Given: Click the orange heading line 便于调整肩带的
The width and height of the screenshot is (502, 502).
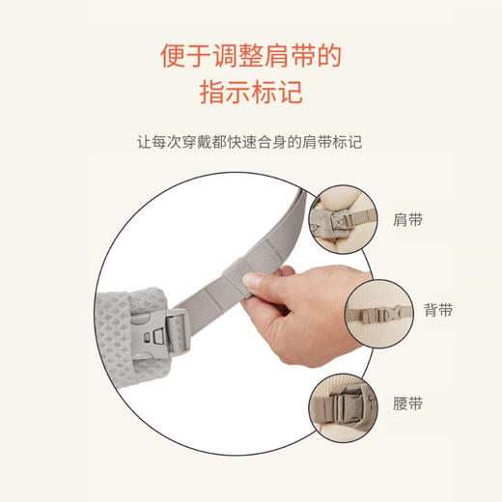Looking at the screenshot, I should point(250,56).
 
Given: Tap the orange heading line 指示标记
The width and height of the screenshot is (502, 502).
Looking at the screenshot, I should point(250,94).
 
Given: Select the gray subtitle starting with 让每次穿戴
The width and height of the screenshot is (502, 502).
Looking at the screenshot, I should point(250,142).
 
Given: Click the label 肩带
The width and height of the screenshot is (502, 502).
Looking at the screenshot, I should point(409,220).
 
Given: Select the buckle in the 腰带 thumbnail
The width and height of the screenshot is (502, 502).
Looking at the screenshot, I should point(344,405).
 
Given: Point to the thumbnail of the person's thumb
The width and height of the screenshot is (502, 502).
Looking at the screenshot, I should point(253,280).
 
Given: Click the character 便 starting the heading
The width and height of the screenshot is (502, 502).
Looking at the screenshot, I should point(171,56).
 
